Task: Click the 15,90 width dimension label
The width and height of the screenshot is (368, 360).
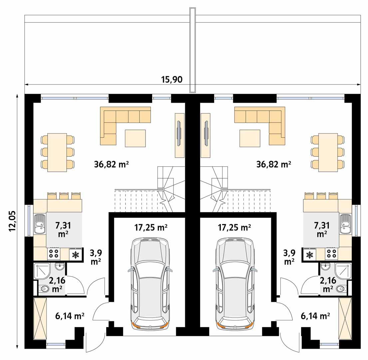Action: click(x=172, y=80)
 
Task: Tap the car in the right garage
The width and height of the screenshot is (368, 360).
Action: click(x=235, y=283)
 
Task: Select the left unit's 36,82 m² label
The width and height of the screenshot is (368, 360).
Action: click(x=112, y=164)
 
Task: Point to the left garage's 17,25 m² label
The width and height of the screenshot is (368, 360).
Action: click(x=151, y=228)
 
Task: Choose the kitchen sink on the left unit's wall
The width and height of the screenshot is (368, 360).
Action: click(x=40, y=224)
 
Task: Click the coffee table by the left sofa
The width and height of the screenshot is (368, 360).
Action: click(x=135, y=138)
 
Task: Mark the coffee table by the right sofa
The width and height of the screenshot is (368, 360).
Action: click(x=250, y=138)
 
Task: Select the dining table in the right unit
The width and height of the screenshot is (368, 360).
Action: click(x=328, y=152)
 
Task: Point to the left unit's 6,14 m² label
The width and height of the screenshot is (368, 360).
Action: click(x=69, y=315)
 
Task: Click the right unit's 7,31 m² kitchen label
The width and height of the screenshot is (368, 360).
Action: click(x=321, y=229)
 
